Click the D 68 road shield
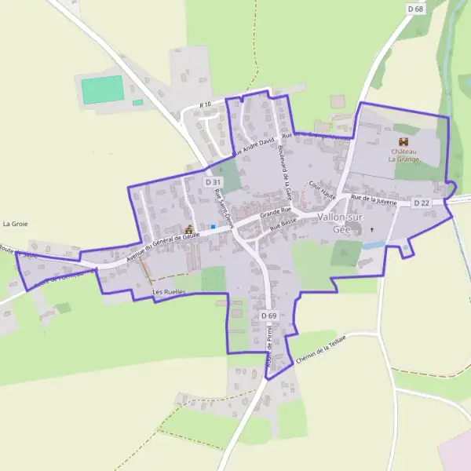point(415,8)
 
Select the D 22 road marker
point(422,203)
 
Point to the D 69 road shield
point(268,316)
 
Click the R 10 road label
point(206,104)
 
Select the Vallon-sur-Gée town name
point(344,222)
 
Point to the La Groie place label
point(15,224)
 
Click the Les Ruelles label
point(166,292)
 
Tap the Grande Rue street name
point(276,212)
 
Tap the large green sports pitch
point(103,89)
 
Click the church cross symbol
point(372,230)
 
